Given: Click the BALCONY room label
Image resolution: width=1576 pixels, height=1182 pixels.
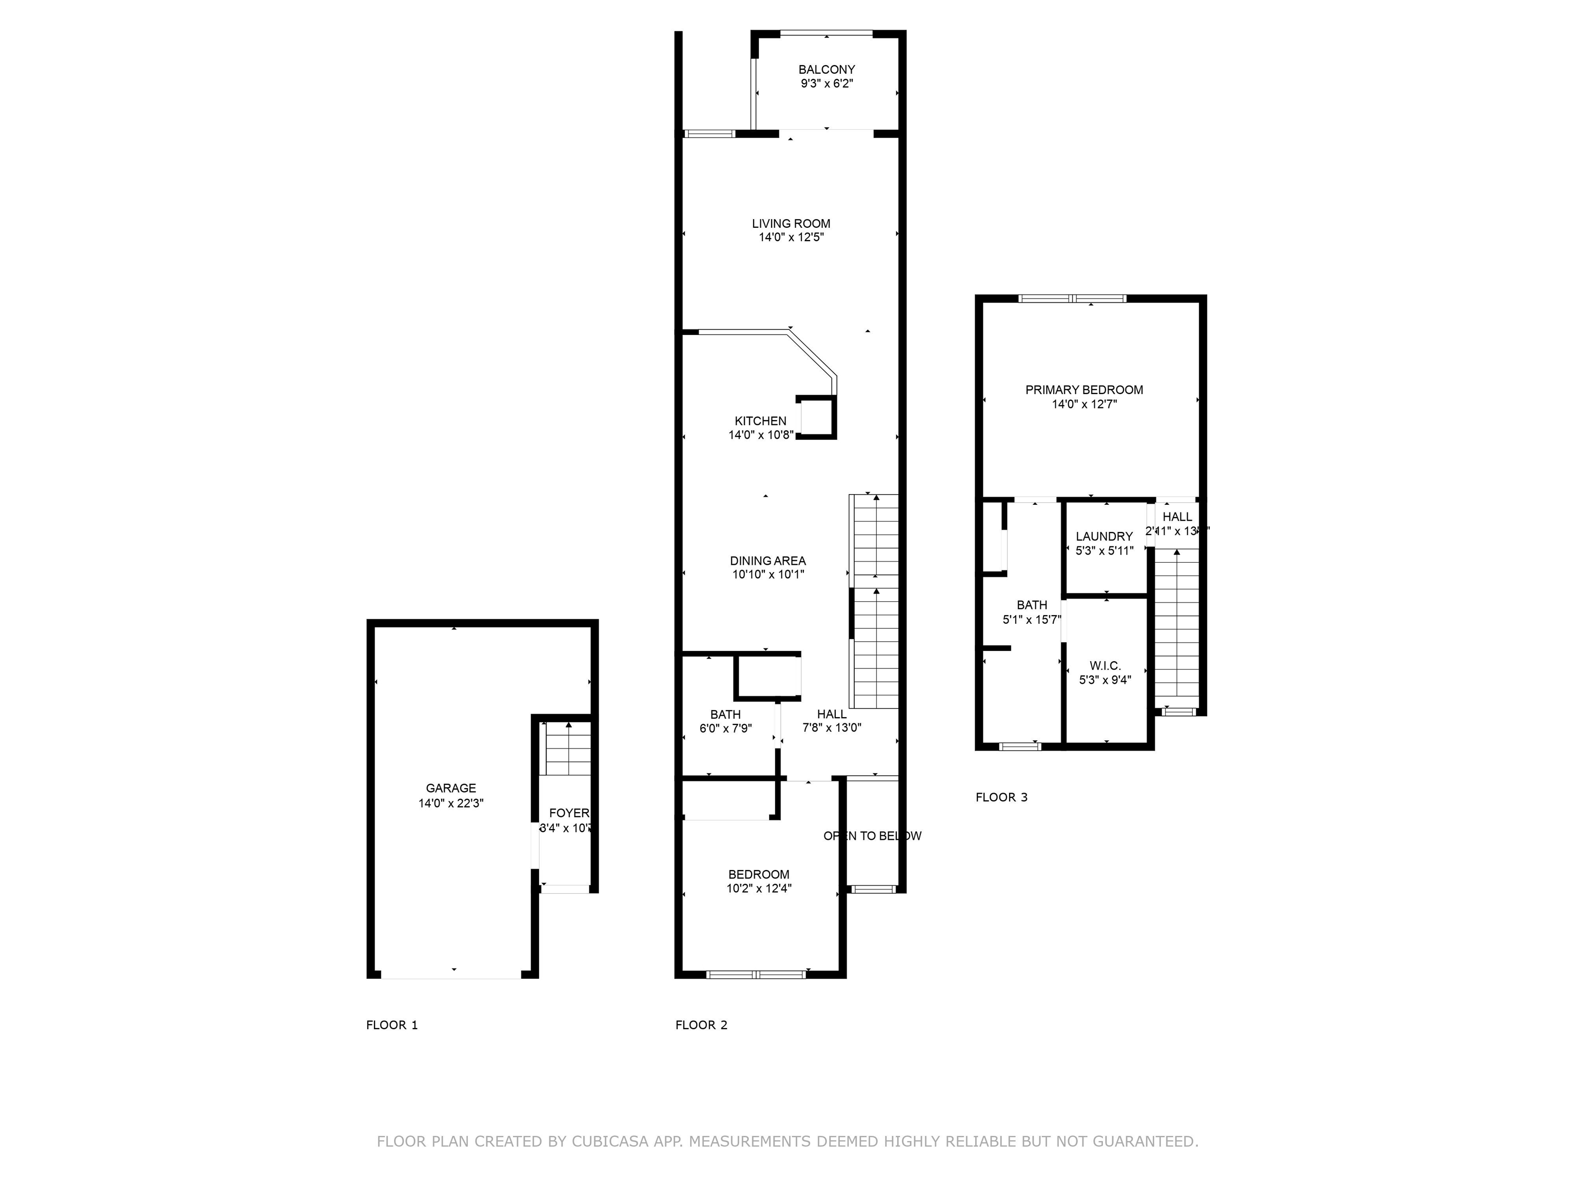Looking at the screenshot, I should pos(826,70).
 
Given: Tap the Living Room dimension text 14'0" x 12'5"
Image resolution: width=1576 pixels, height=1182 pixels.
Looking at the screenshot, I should pos(791,237).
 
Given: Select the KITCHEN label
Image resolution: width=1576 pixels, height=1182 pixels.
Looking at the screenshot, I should pos(760,421).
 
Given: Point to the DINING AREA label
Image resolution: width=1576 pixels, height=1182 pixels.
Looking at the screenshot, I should pos(767,561).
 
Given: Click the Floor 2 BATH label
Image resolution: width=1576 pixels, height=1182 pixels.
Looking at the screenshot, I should pos(725,715).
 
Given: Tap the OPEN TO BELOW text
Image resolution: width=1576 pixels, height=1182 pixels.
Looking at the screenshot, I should pos(872,836).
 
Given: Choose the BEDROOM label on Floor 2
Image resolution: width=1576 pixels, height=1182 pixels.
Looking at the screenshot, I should pos(758,874).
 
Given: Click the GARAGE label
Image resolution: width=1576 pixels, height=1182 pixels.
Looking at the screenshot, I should pos(450,788).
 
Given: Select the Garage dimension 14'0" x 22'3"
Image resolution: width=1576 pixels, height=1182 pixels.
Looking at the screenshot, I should pos(450,803).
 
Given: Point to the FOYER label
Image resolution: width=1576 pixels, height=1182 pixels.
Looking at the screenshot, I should pos(568,813).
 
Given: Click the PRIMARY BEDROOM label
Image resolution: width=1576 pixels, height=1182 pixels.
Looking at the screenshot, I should pos(1083,390).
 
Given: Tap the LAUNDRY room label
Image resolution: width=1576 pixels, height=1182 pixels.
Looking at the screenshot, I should pos(1104,537).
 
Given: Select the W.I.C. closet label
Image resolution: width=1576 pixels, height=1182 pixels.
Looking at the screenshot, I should pos(1105,665).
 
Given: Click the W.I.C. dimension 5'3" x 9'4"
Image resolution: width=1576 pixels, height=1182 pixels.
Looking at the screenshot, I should pos(1105,680).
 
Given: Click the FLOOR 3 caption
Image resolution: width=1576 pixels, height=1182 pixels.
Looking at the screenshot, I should pos(1001,797).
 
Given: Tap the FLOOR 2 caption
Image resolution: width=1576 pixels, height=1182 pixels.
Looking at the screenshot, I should pos(701,1025).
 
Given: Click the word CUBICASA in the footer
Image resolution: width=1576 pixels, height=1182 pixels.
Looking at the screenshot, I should pos(609,1141).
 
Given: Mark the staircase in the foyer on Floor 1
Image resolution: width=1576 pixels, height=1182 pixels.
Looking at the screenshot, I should pos(568,748).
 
